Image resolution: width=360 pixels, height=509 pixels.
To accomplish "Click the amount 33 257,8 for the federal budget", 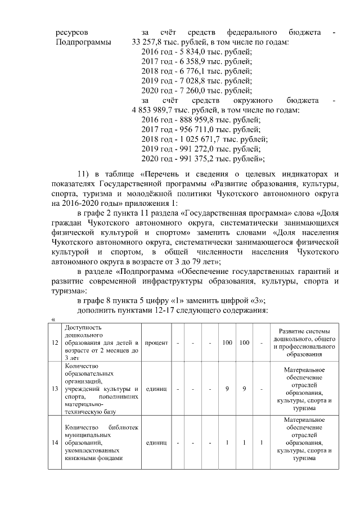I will tap(147, 42).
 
